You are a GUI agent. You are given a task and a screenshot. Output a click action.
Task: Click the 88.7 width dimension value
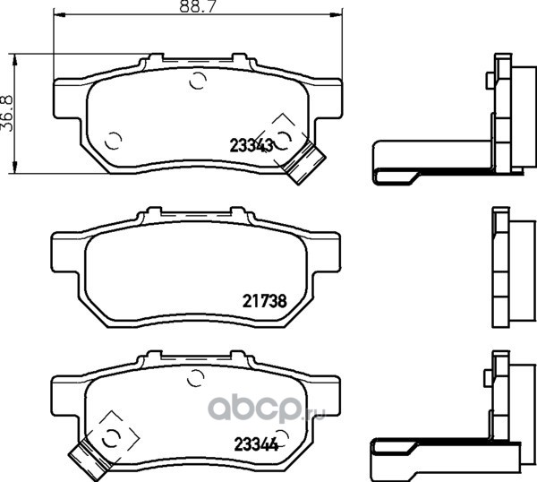tap(198, 6)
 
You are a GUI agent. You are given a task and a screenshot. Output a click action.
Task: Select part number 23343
tap(251, 146)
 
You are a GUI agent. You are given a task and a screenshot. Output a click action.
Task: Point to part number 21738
tap(264, 301)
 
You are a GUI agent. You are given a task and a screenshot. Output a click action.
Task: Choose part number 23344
tap(256, 444)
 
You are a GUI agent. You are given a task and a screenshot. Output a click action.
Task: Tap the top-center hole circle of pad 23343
tap(198, 81)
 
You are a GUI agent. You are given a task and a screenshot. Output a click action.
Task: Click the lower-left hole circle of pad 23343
tap(113, 141)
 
